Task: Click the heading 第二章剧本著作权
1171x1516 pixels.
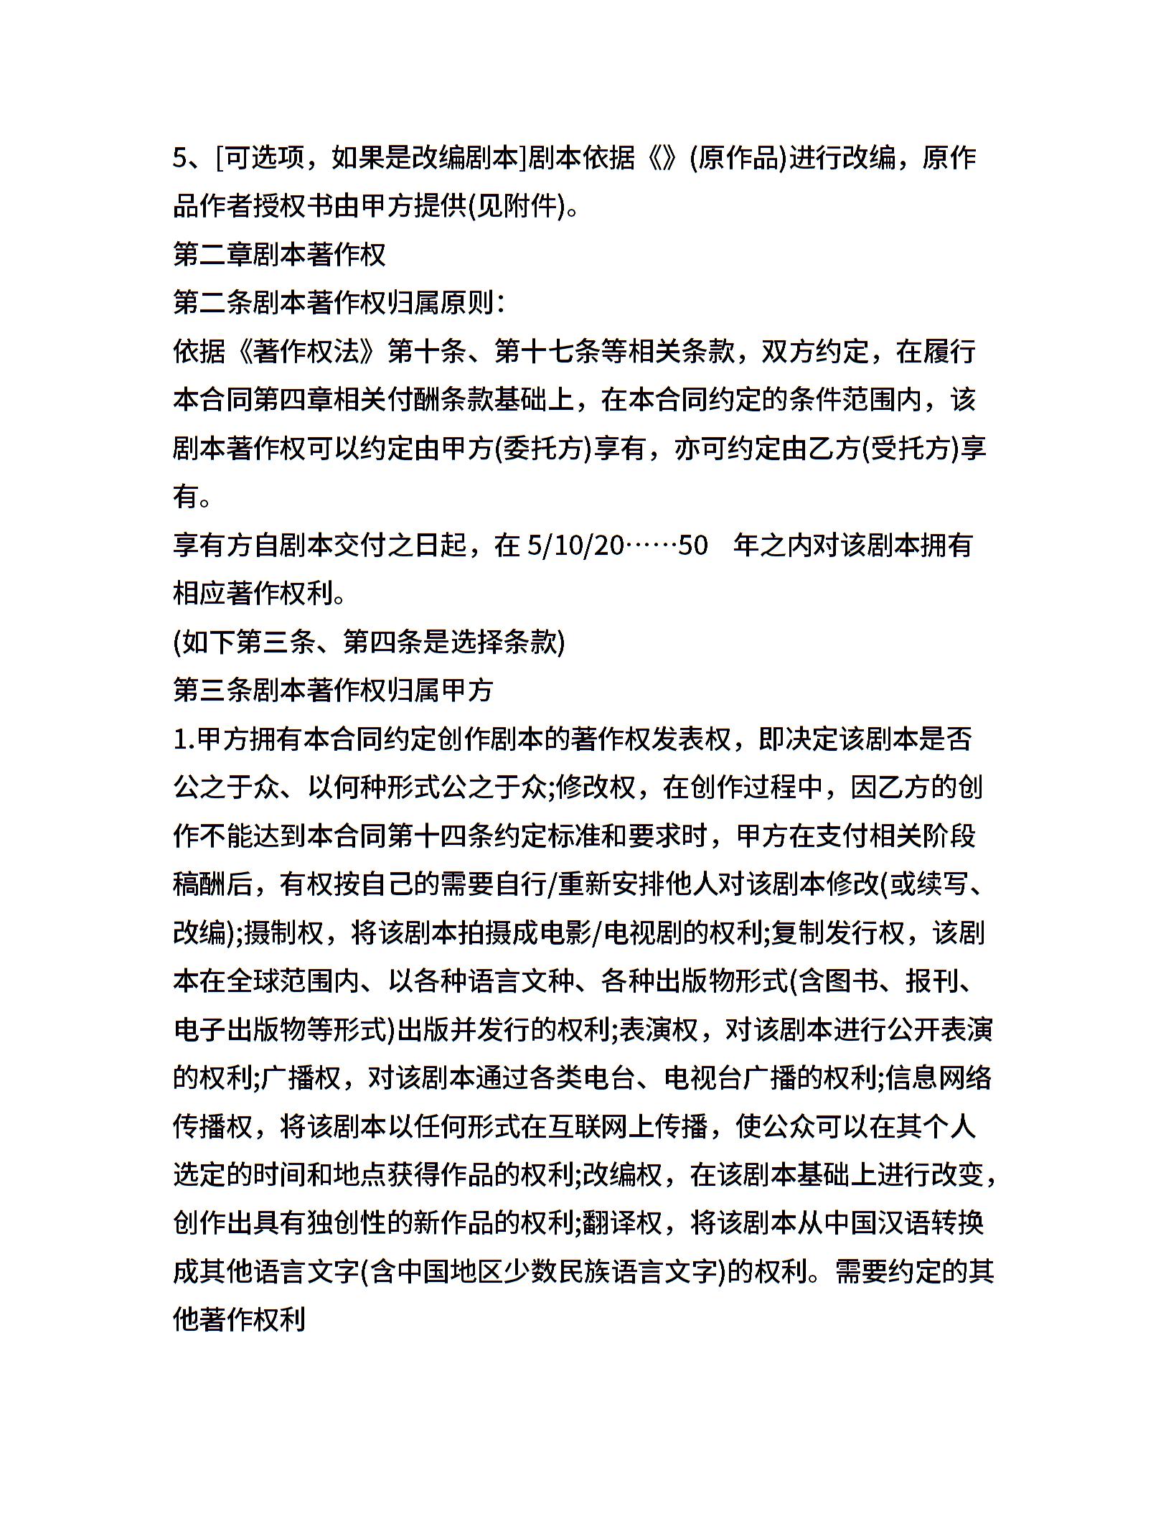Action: click(x=280, y=255)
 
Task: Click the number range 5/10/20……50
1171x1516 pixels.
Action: click(x=617, y=546)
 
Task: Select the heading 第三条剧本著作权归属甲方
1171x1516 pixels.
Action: click(x=333, y=691)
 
